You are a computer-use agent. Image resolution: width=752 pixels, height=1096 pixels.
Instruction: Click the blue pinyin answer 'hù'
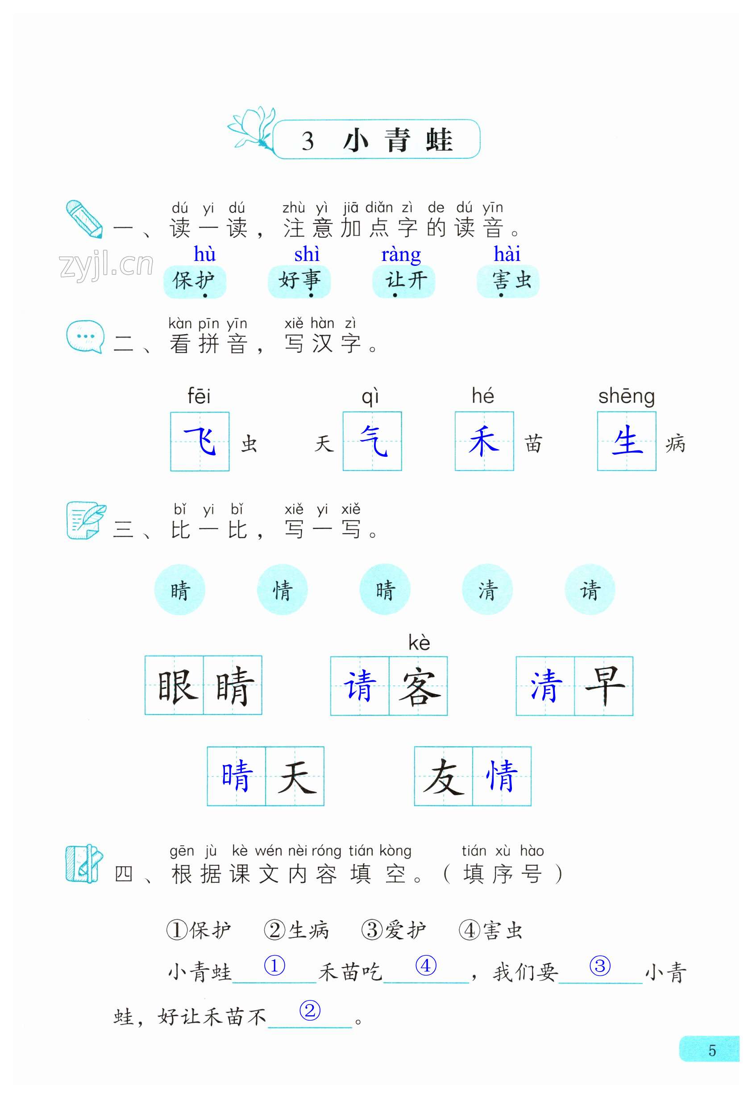(205, 255)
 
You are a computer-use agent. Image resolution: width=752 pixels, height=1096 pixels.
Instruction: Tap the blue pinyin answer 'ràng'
(401, 255)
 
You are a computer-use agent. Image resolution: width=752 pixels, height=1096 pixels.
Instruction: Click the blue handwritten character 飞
(200, 442)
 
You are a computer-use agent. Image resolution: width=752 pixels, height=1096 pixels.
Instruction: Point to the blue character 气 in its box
(373, 442)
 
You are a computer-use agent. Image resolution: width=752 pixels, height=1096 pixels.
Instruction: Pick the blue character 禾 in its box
(484, 442)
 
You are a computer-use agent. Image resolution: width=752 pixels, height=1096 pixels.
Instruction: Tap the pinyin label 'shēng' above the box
(627, 397)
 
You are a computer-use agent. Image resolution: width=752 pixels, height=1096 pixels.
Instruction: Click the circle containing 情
(282, 590)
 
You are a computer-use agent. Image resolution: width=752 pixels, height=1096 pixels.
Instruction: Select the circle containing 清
(487, 590)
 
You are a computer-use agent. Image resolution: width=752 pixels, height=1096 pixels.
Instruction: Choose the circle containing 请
(590, 590)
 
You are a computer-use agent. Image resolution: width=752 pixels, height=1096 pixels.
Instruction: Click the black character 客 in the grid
(419, 687)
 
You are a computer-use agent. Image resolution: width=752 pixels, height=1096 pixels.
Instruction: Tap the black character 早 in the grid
(604, 686)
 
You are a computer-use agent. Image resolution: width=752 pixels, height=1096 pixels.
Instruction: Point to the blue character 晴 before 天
(236, 776)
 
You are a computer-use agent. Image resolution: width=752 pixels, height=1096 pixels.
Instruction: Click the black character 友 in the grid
(444, 776)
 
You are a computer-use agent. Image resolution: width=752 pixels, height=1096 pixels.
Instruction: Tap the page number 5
(712, 1051)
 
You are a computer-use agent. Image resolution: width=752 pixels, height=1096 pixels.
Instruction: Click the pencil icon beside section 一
(84, 219)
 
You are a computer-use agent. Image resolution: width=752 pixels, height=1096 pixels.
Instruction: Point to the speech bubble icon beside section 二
(85, 336)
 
